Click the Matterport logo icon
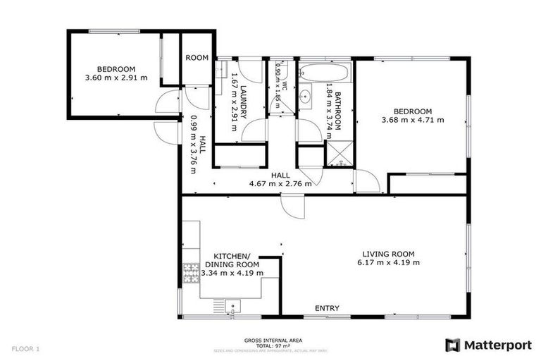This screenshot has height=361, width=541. pos(453,345)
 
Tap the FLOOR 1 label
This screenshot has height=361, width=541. pos(25,348)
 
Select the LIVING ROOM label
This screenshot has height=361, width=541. pos(388,254)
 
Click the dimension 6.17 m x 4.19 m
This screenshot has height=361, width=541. pos(388,262)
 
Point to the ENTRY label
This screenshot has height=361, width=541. pos(327,308)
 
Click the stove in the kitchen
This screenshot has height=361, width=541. pos(191,272)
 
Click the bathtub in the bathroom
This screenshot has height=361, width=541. pos(323,72)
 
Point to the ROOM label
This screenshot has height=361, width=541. pos(197,58)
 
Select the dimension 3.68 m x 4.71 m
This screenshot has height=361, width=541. pos(413,120)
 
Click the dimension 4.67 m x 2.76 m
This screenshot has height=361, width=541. pos(280,184)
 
